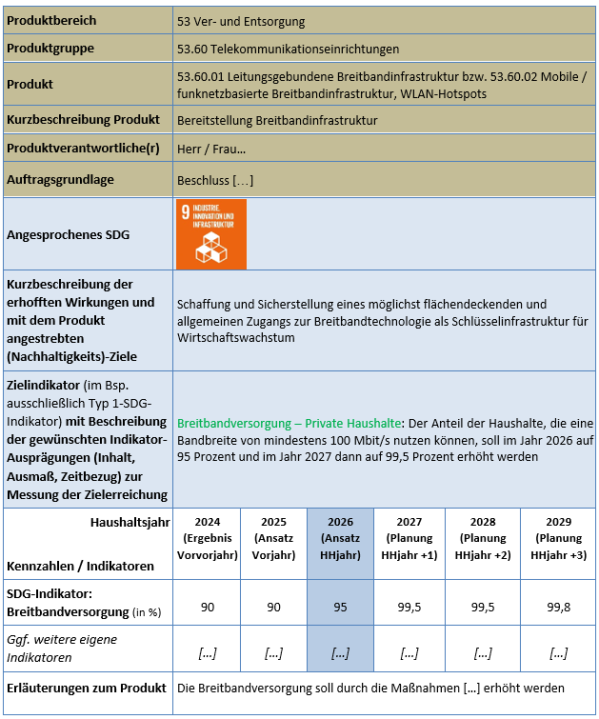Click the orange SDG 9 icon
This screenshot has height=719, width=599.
click(x=211, y=234)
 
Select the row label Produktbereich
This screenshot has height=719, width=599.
click(x=51, y=20)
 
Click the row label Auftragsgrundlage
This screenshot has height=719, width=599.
click(x=60, y=179)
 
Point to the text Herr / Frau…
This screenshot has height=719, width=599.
click(x=211, y=150)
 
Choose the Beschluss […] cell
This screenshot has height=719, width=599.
click(x=215, y=179)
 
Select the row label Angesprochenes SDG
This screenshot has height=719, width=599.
click(x=68, y=234)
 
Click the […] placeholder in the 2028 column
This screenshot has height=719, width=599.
click(x=483, y=652)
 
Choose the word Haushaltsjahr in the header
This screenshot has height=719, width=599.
click(x=130, y=522)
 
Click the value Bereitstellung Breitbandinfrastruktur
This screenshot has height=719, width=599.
click(x=277, y=120)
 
